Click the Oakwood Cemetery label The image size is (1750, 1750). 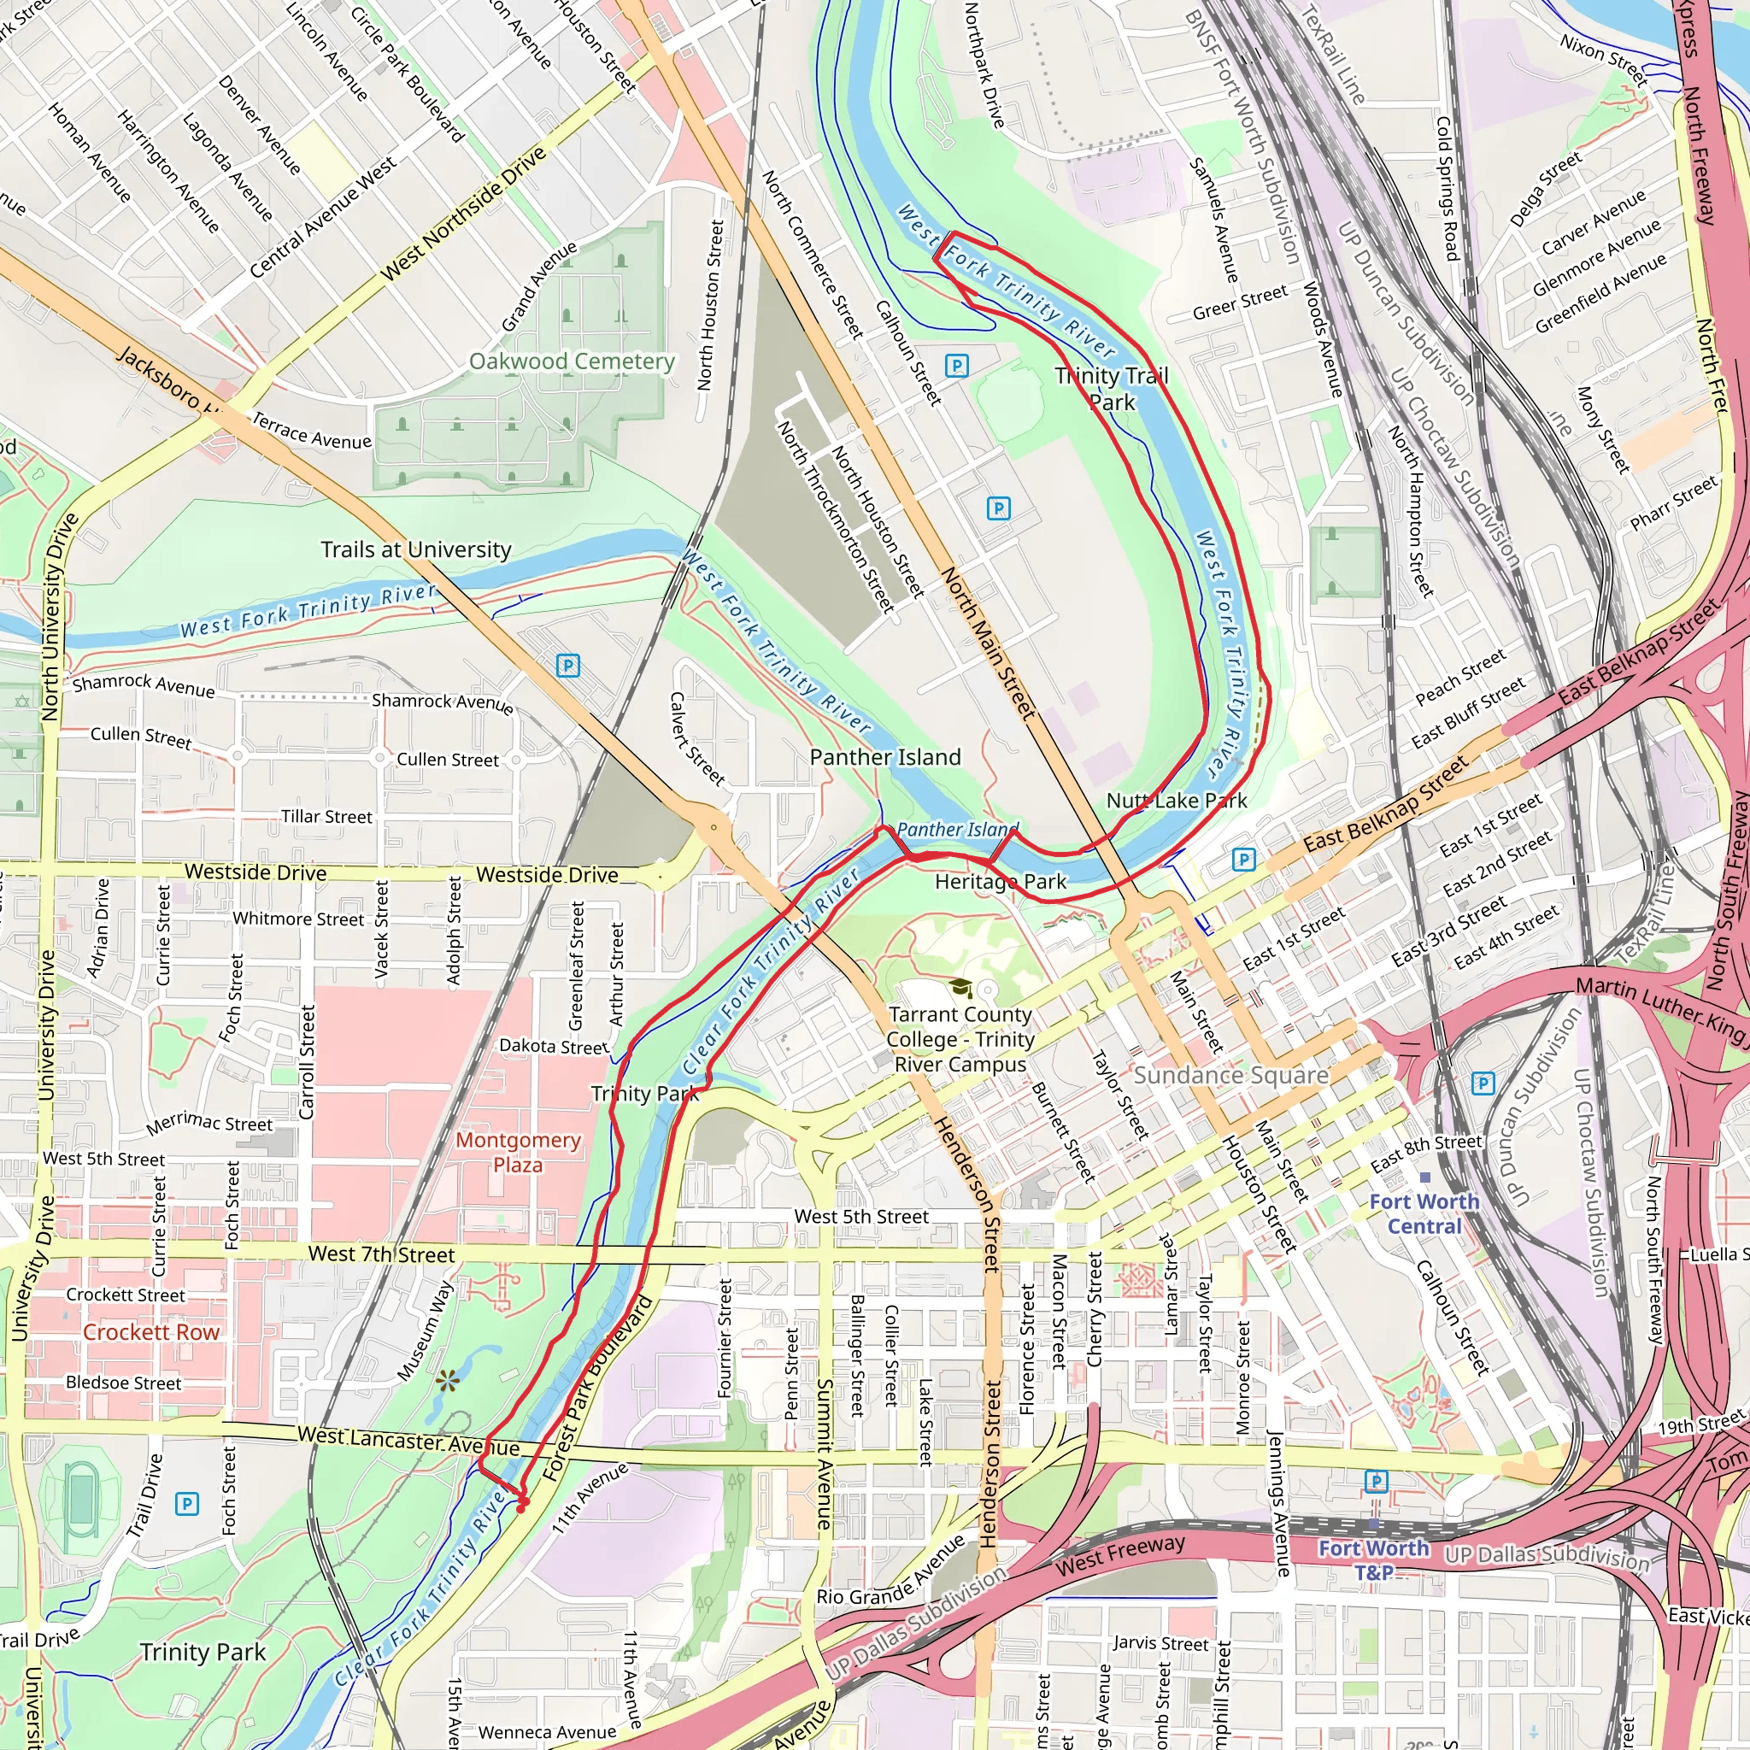(x=572, y=361)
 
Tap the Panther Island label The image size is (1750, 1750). (x=885, y=757)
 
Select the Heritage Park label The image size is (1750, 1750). (x=1000, y=881)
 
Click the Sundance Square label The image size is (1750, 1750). (x=1231, y=1075)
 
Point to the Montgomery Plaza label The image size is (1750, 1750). (x=517, y=1152)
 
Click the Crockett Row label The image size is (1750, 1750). (x=151, y=1331)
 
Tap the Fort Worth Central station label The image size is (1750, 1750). (x=1424, y=1213)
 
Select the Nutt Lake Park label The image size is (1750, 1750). (x=1177, y=801)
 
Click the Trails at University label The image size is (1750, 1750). (x=416, y=549)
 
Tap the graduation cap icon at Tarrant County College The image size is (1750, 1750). (x=960, y=987)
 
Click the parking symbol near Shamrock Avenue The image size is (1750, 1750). (x=568, y=666)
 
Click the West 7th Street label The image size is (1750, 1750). (x=381, y=1254)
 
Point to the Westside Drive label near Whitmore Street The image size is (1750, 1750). (x=255, y=872)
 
